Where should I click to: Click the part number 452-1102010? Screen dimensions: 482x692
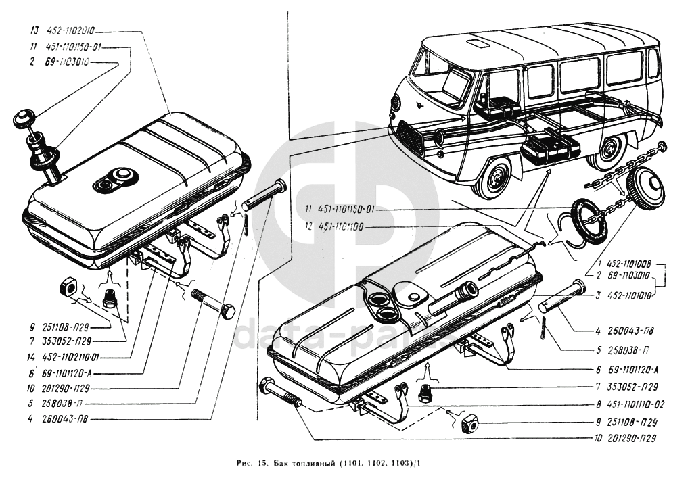pos(71,31)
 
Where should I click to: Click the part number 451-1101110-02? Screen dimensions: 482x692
pos(630,404)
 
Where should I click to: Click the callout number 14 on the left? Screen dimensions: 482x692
pos(32,356)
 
